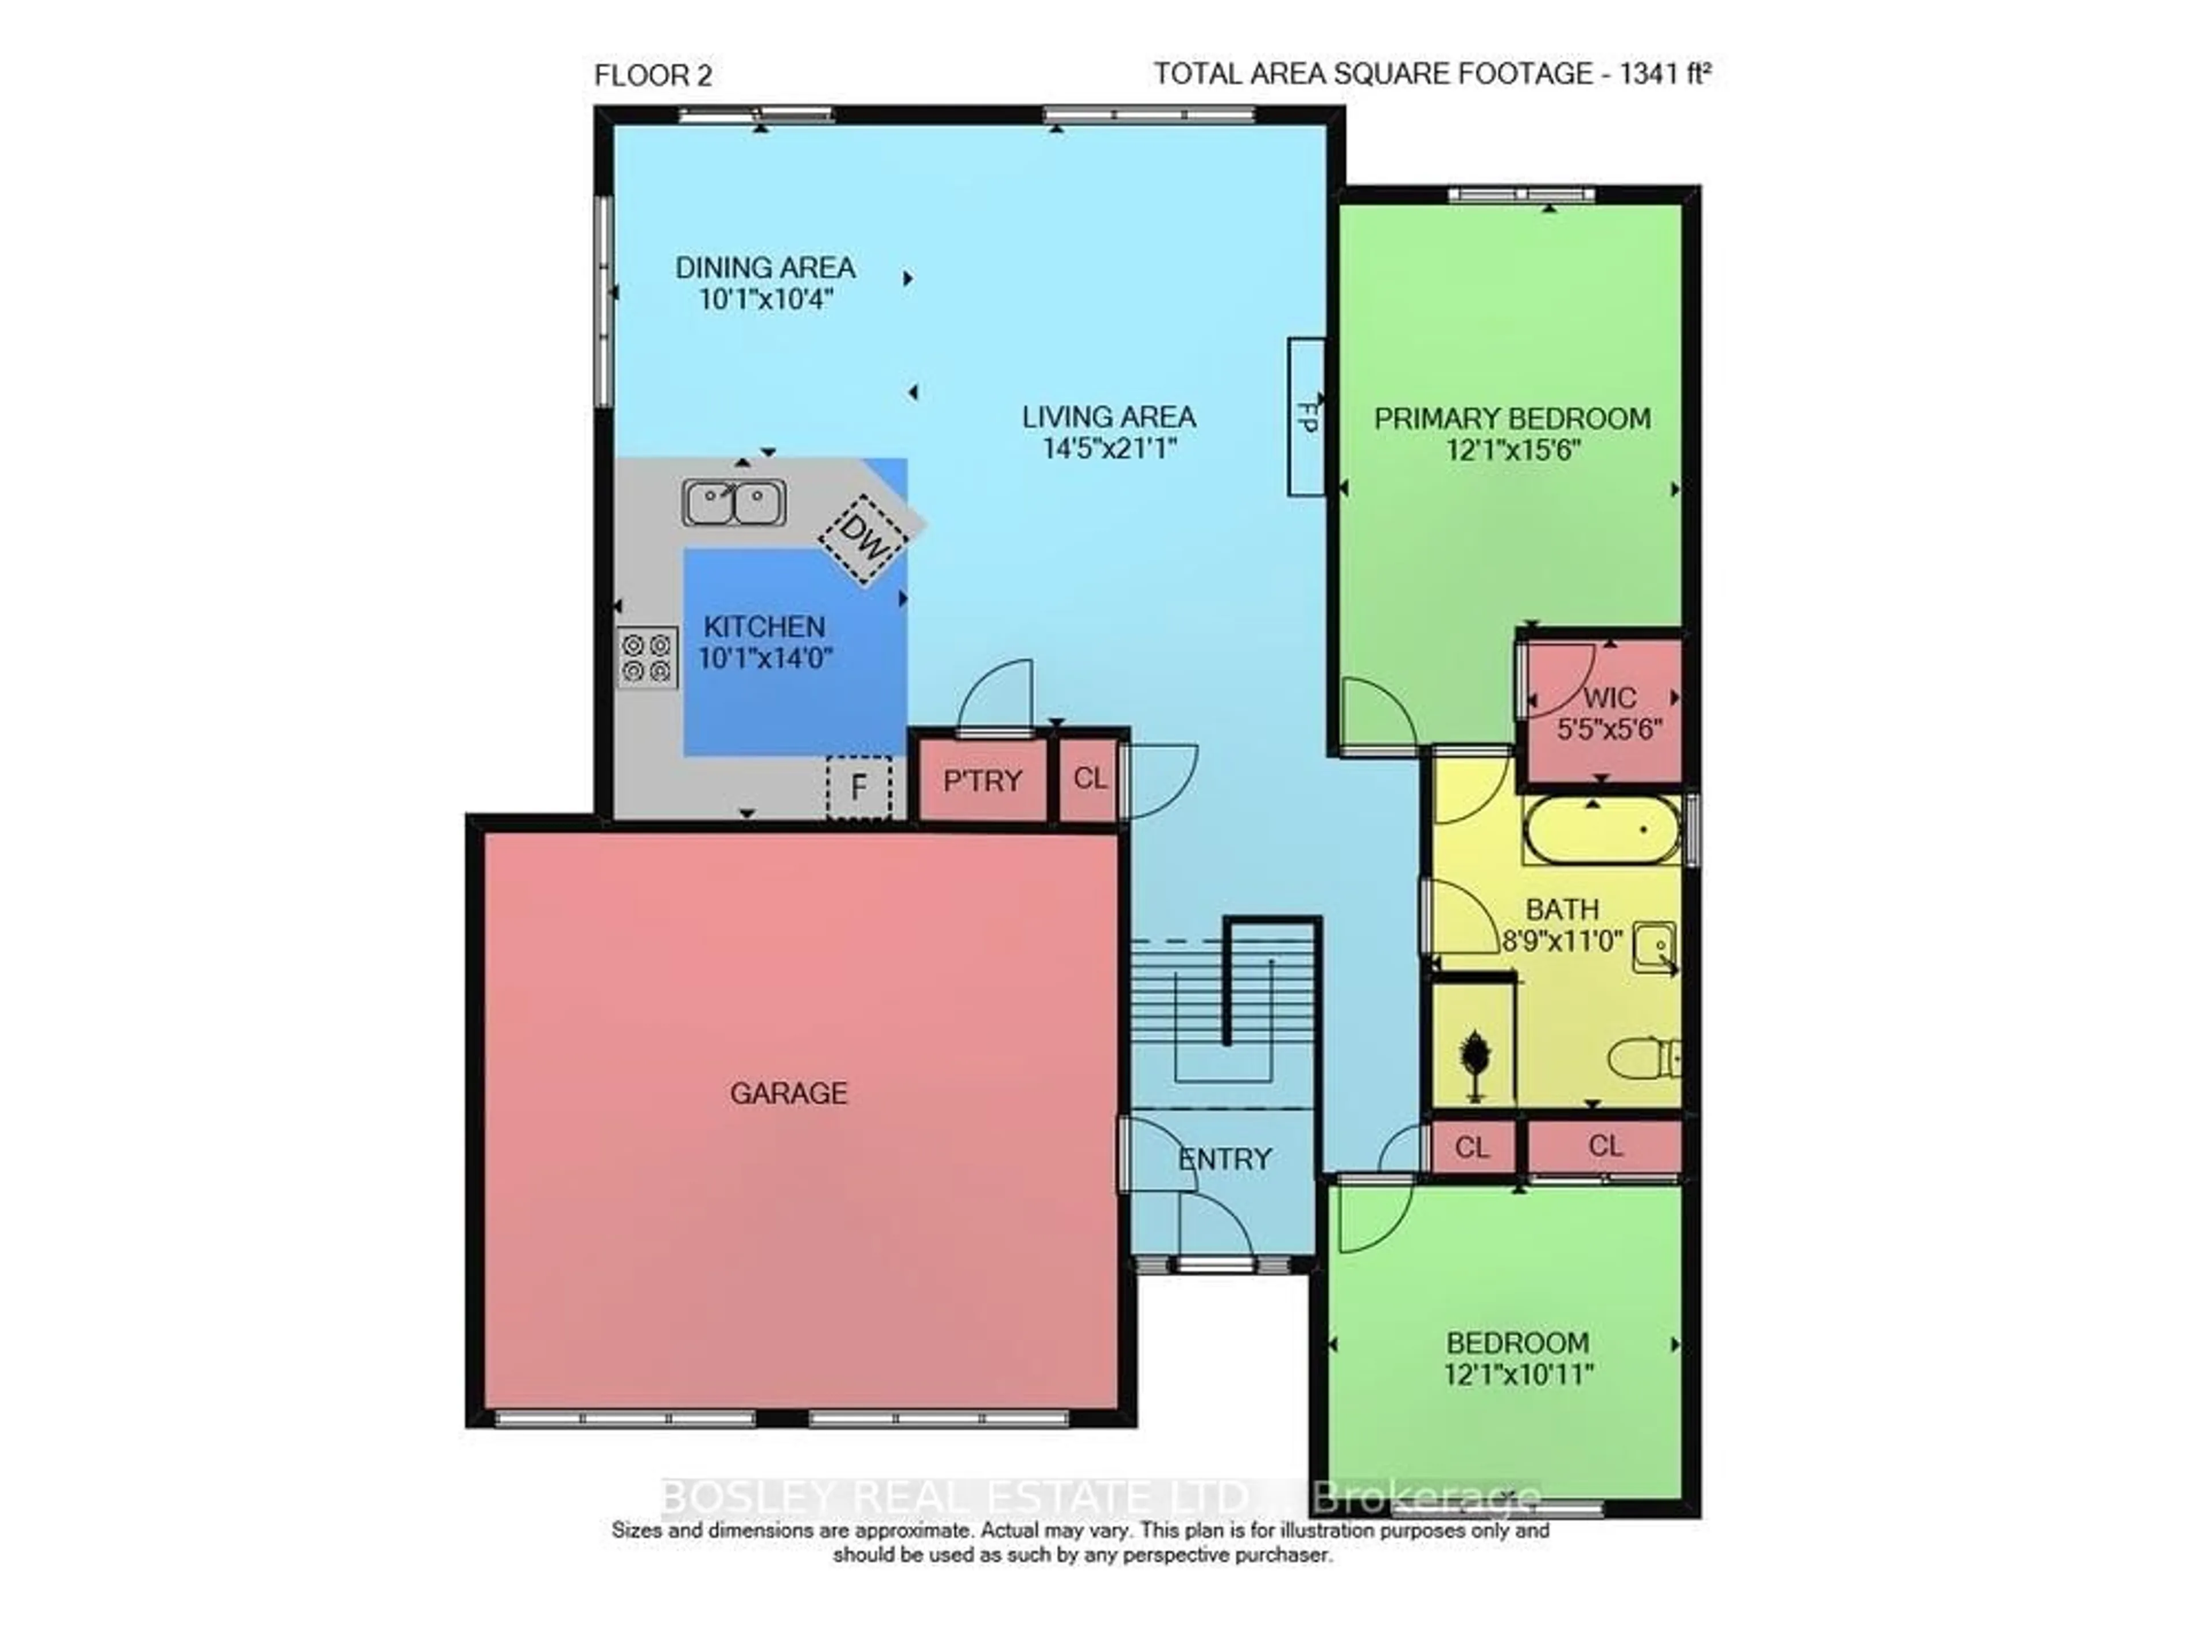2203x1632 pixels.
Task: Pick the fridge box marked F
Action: click(858, 788)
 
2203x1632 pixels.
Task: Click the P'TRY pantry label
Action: click(982, 781)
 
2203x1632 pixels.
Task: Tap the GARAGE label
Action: click(788, 1093)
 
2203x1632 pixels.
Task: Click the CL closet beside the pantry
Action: click(1089, 780)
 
